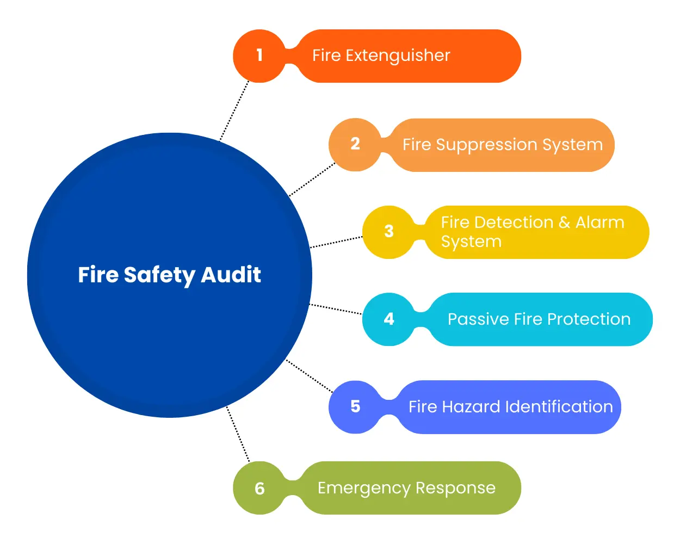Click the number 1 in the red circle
pos(259,55)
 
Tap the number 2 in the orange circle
pos(355,144)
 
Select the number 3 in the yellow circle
pos(389,231)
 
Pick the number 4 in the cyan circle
pos(389,319)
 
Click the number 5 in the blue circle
pos(355,406)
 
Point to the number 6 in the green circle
pos(259,489)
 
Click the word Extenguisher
pos(398,55)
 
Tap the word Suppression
pos(486,145)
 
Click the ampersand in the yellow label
pos(564,222)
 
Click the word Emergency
pos(363,489)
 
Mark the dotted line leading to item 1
pos(234,111)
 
